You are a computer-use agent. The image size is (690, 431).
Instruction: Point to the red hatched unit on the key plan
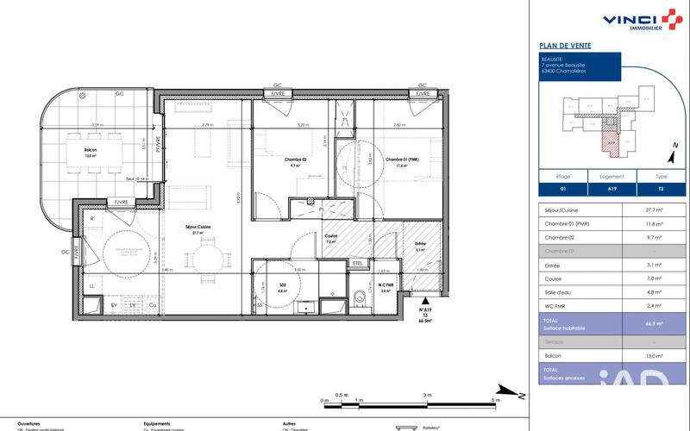[x=610, y=141]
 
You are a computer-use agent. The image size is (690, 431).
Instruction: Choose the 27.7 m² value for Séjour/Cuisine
[x=654, y=210]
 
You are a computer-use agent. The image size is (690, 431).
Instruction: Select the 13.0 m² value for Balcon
[x=654, y=355]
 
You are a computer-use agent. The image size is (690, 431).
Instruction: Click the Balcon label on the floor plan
[x=91, y=150]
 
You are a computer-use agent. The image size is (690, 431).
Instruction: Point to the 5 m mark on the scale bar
[x=494, y=400]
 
